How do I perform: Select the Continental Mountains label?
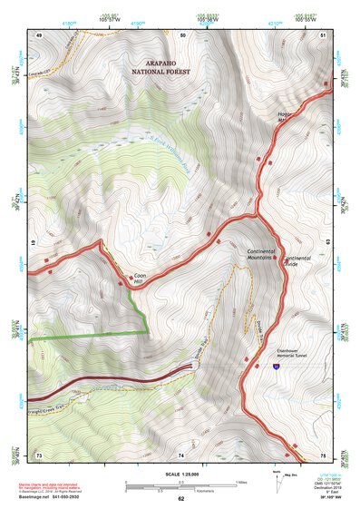[262, 254]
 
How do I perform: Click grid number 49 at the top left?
[39, 34]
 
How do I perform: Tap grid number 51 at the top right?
[324, 34]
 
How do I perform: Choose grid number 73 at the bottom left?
[39, 455]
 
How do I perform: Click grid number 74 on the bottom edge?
[181, 455]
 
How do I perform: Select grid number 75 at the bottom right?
[323, 455]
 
